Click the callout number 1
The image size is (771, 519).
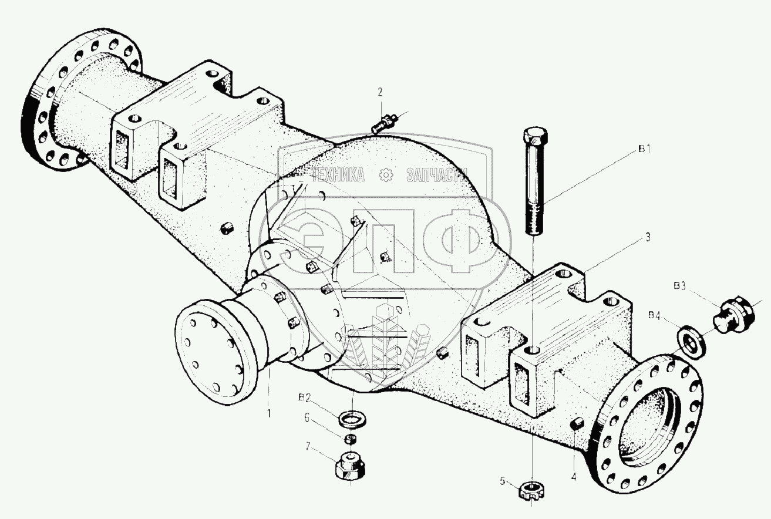269,413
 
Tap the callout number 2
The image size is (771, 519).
380,92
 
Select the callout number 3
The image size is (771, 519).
647,237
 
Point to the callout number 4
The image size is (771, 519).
574,477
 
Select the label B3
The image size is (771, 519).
680,287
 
